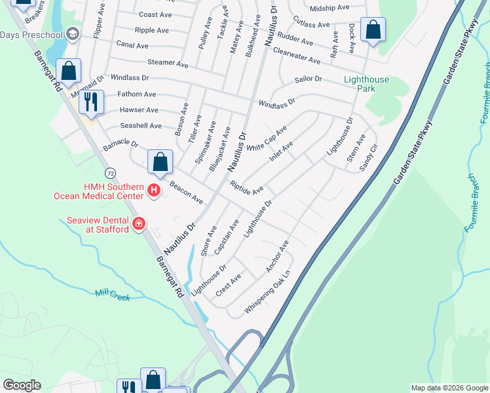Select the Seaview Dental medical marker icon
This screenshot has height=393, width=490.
[138, 225]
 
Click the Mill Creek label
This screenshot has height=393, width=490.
[112, 295]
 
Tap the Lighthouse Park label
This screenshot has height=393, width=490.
[367, 84]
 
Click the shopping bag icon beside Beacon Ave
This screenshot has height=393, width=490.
[160, 161]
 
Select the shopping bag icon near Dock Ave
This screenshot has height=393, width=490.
[373, 29]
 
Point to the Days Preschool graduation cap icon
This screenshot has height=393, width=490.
[72, 34]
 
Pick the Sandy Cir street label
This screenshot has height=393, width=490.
[369, 159]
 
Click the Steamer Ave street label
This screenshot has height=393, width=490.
[168, 64]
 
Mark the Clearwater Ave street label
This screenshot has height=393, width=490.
[296, 56]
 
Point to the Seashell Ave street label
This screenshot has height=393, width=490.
[140, 126]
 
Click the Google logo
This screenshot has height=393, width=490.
[22, 385]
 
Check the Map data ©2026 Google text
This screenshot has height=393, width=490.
[449, 388]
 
